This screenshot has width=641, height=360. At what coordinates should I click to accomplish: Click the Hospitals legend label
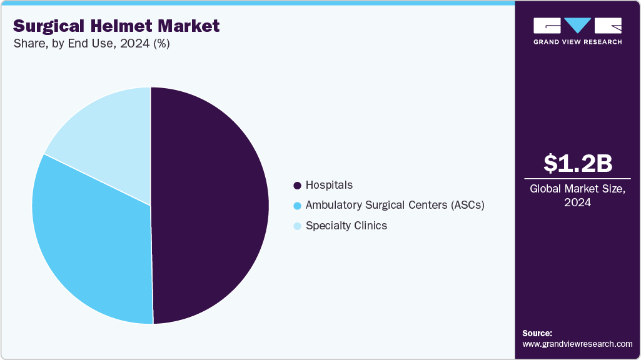(329, 185)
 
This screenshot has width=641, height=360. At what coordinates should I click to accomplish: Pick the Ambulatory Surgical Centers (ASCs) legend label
(395, 205)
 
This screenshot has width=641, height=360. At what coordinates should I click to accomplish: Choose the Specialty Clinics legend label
(346, 226)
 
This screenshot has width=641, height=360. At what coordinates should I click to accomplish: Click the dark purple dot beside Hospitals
(298, 186)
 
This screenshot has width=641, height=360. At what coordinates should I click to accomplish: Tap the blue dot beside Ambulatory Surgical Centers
(298, 206)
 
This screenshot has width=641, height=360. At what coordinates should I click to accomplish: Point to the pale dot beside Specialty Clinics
(298, 226)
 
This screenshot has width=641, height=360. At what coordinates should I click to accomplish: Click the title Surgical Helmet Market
(116, 26)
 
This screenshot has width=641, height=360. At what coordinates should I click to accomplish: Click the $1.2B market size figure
(577, 163)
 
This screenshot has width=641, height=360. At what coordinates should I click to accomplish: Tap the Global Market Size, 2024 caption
(577, 196)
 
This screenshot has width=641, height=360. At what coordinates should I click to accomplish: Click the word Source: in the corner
(537, 333)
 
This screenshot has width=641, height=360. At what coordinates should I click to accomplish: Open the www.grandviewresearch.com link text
(577, 344)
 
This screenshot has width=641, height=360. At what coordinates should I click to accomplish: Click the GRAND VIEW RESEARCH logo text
(577, 42)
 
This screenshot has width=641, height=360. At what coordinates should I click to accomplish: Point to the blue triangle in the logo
(577, 26)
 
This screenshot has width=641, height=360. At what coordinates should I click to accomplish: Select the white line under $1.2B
(577, 178)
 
